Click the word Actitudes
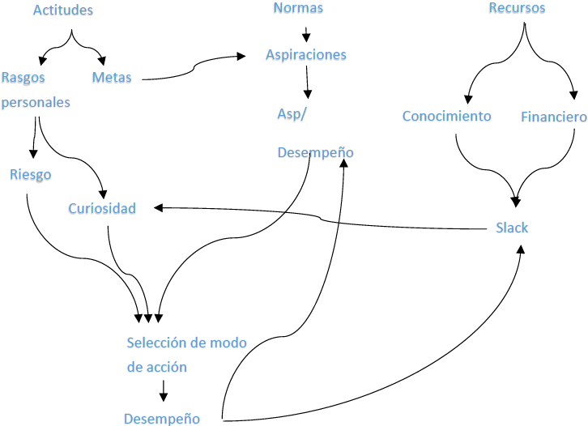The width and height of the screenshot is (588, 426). coord(63,11)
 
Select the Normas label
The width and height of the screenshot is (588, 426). coord(298,8)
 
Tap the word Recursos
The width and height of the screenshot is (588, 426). coord(517,8)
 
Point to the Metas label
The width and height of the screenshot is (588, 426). coord(112,78)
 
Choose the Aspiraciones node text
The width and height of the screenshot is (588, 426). coord(306,55)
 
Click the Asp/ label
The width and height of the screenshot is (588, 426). coord(292,113)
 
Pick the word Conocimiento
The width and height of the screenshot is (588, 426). coord(447,116)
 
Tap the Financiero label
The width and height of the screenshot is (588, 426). coord(554,117)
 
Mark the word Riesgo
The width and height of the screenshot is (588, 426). coord(31,174)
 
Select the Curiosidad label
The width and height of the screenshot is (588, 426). coord(102,208)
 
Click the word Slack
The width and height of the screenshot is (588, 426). coord(512,228)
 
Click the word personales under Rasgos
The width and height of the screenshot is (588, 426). coord(35,103)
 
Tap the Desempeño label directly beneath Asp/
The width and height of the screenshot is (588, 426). coord(315,152)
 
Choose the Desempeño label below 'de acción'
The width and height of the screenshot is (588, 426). coord(162,419)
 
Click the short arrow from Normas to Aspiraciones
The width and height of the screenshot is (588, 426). coord(306,34)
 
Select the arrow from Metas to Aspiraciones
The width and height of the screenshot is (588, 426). coord(194,68)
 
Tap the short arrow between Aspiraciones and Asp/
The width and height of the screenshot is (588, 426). coord(308,84)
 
